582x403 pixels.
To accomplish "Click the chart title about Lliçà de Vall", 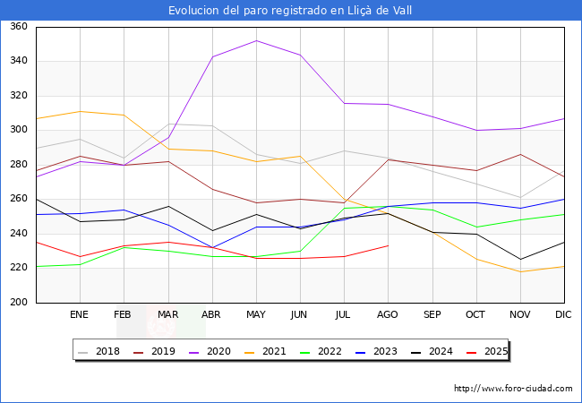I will pyautogui.click(x=291, y=10).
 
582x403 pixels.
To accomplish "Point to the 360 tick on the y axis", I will pyautogui.click(x=18, y=27).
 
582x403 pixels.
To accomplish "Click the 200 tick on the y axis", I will pyautogui.click(x=18, y=303).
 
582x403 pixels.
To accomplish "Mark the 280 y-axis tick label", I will pyautogui.click(x=18, y=165).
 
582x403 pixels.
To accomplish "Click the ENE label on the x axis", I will pyautogui.click(x=80, y=314).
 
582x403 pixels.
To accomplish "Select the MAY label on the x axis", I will pyautogui.click(x=256, y=314).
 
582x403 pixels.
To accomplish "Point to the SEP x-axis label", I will pyautogui.click(x=432, y=314).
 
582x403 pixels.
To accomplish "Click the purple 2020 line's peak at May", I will pyautogui.click(x=256, y=40).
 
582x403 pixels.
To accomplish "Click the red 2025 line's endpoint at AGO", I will pyautogui.click(x=388, y=245).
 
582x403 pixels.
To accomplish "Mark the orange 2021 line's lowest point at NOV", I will pyautogui.click(x=520, y=271).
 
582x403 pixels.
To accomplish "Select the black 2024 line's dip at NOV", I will pyautogui.click(x=520, y=260).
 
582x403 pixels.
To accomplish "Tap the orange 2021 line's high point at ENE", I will pyautogui.click(x=80, y=111).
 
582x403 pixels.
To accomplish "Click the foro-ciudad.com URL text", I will pyautogui.click(x=513, y=389).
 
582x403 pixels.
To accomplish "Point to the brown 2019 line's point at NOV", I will pyautogui.click(x=520, y=154).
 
